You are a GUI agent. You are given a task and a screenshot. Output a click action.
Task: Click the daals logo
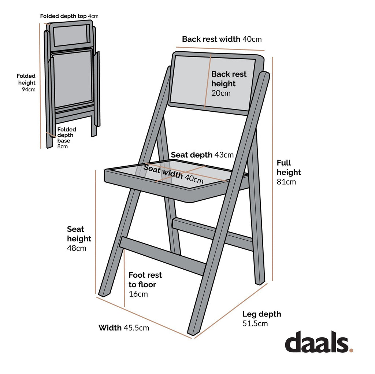319,342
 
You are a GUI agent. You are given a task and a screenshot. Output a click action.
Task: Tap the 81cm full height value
286,182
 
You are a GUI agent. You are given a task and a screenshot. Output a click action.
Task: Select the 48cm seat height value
77,248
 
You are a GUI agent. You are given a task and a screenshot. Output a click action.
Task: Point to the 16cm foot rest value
138,294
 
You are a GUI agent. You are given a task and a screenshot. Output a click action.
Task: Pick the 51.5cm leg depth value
255,323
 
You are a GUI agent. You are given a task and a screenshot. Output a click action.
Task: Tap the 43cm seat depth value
224,155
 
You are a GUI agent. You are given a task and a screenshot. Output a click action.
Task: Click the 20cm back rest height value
221,93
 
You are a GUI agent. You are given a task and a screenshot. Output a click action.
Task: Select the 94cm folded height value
29,89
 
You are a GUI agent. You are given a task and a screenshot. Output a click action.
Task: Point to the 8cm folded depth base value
63,147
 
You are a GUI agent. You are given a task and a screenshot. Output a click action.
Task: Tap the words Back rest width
211,39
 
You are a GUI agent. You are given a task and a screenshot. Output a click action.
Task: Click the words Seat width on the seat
163,172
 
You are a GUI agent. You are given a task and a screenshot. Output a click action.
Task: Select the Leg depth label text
261,314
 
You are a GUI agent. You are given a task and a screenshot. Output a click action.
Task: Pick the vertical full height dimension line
273,169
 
